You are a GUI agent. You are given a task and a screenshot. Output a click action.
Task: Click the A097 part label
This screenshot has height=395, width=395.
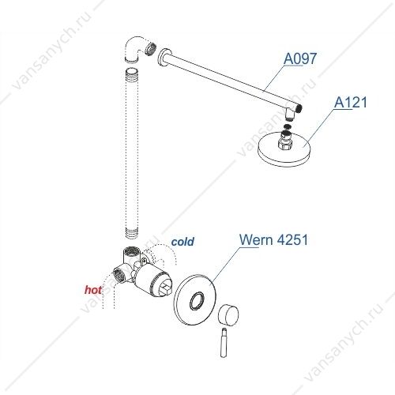coord(300,58)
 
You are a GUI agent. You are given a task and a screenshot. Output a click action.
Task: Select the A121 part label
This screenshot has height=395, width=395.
coord(350,102)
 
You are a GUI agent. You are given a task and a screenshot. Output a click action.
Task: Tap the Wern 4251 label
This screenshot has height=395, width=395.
coord(273,239)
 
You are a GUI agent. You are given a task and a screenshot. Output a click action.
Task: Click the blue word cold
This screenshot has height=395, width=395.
coord(182,242)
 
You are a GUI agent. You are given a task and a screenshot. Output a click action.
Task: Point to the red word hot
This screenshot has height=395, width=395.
coord(93,290)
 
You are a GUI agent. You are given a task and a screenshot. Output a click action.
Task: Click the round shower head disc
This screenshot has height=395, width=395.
coord(284,149)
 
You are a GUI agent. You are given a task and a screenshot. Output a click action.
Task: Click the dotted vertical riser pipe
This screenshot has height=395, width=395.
coord(132,153)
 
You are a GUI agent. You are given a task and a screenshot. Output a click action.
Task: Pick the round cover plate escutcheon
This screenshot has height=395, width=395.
coord(195,300)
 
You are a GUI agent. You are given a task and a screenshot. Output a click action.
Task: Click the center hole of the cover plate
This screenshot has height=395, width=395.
coord(197,300)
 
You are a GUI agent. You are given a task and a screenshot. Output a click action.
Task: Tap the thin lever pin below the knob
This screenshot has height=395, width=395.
coord(224,342)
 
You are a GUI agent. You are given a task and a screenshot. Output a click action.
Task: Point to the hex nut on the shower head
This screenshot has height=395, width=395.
coord(285,144)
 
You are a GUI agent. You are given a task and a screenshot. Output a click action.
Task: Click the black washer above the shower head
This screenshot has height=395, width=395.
coord(288,126)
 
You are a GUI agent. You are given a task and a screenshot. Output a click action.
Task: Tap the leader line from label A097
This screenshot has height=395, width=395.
coord(274,78)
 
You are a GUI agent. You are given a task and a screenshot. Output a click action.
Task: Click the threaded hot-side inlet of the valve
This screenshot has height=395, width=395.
coord(119,274)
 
